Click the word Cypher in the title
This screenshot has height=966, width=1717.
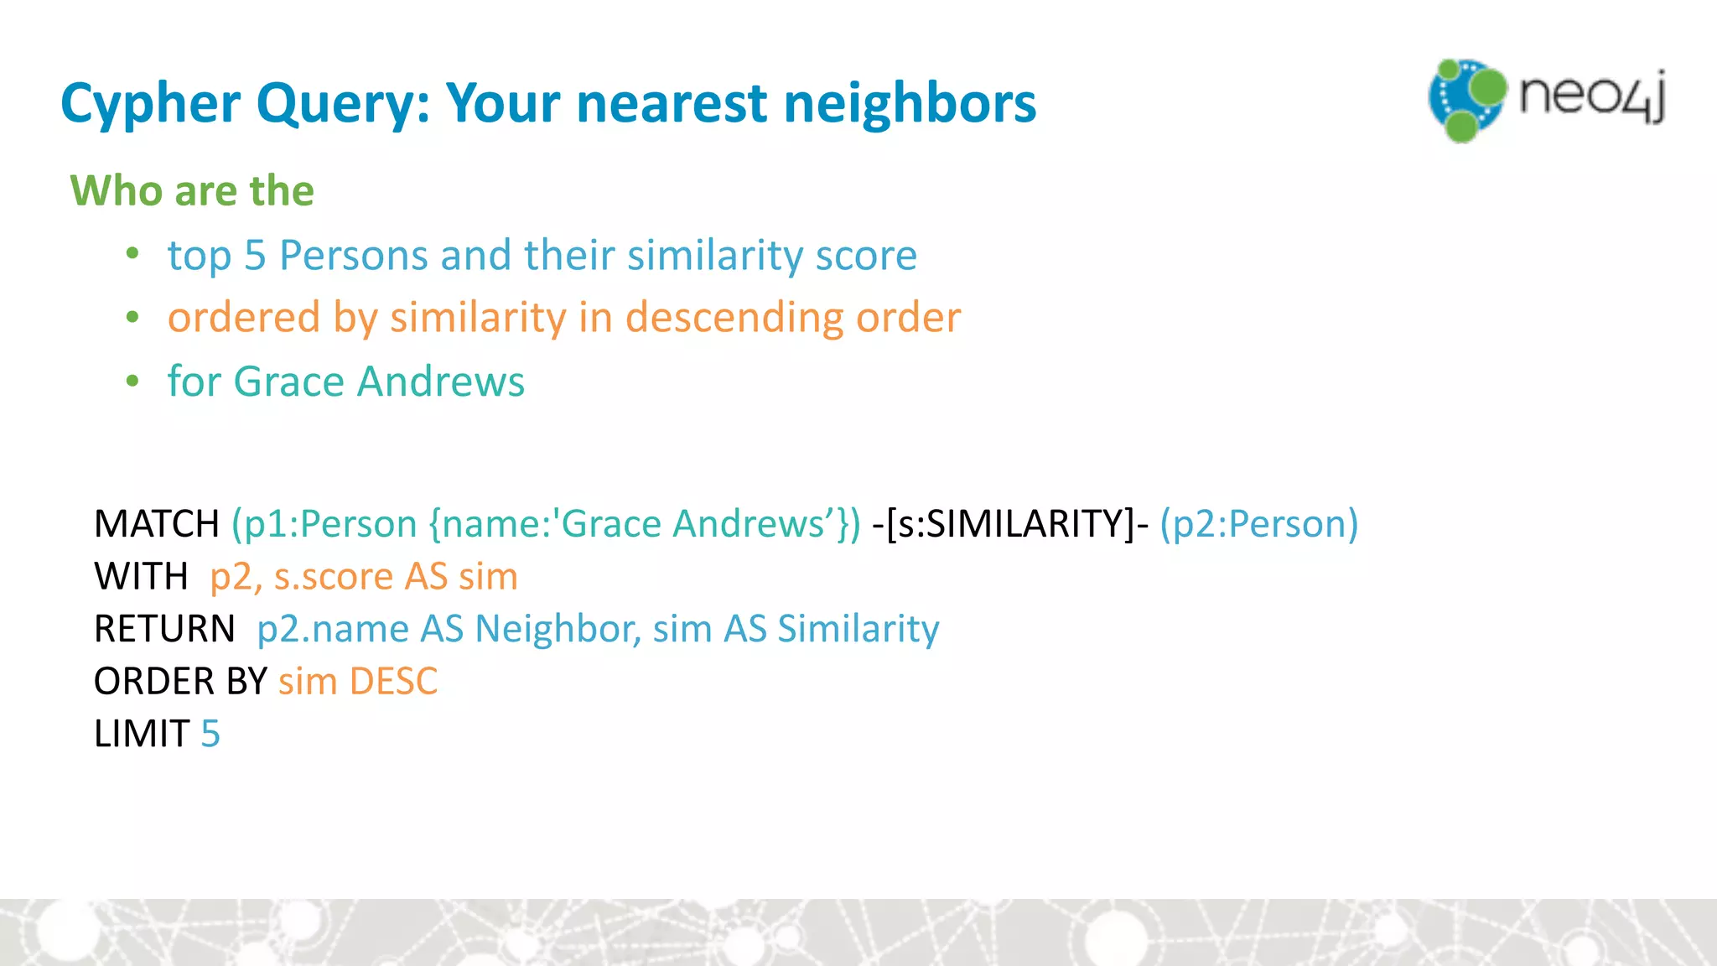pyautogui.click(x=151, y=104)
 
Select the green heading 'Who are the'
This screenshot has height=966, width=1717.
pyautogui.click(x=192, y=190)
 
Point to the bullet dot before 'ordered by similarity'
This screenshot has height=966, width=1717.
pyautogui.click(x=132, y=317)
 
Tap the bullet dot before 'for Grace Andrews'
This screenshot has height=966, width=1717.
pyautogui.click(x=132, y=381)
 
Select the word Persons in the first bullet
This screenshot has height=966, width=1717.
pyautogui.click(x=353, y=255)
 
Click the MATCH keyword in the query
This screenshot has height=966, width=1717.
pyautogui.click(x=157, y=524)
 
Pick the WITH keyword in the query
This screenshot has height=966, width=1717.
pyautogui.click(x=141, y=577)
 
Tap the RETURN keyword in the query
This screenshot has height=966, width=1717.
pyautogui.click(x=164, y=629)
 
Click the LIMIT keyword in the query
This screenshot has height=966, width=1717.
pyautogui.click(x=142, y=734)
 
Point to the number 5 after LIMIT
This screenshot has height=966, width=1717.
pyautogui.click(x=210, y=734)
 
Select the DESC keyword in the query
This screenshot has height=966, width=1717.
pyautogui.click(x=393, y=681)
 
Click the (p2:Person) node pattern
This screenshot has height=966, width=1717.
pyautogui.click(x=1258, y=524)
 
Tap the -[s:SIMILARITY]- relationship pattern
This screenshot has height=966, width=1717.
pyautogui.click(x=1010, y=524)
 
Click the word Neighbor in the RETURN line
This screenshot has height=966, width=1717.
pyautogui.click(x=553, y=629)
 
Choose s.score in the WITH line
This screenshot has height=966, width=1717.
pyautogui.click(x=334, y=577)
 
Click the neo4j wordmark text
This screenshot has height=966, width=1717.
pyautogui.click(x=1591, y=96)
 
